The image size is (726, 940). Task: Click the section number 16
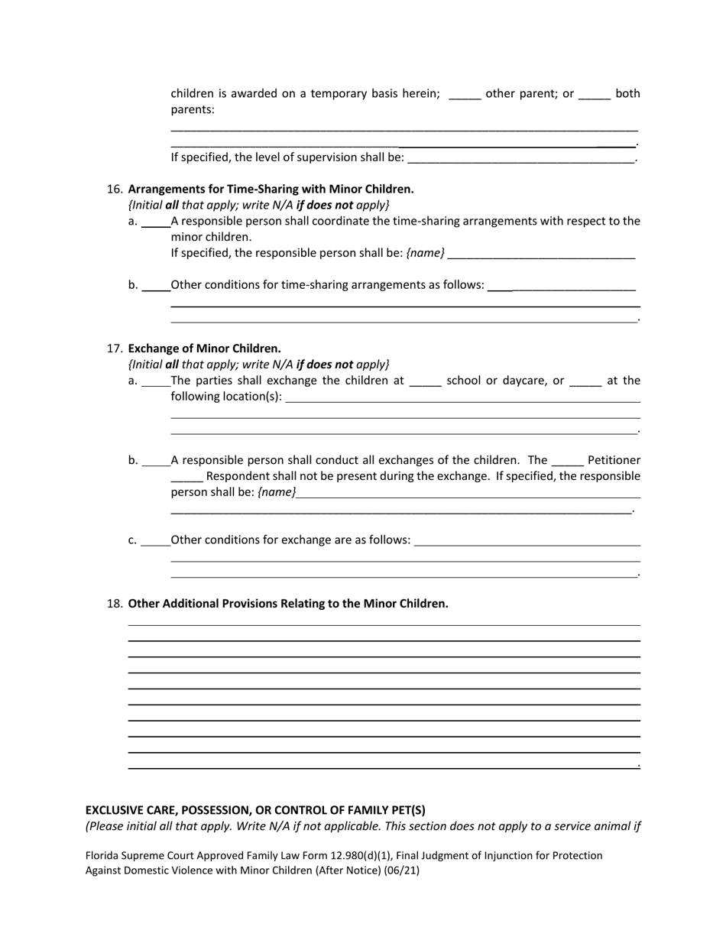(115, 189)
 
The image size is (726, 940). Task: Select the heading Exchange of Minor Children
(204, 348)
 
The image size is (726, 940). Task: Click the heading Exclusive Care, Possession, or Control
(255, 810)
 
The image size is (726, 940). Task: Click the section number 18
(115, 604)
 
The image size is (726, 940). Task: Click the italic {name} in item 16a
(426, 253)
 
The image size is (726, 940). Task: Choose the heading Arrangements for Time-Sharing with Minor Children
(271, 189)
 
